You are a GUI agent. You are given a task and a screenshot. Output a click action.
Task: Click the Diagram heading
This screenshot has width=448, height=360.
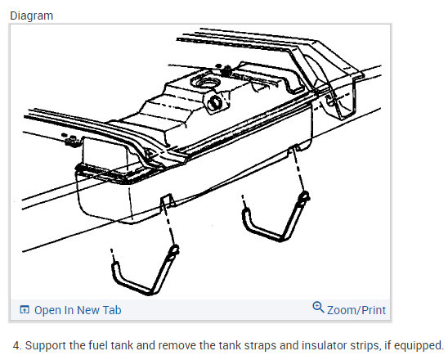[x=31, y=16]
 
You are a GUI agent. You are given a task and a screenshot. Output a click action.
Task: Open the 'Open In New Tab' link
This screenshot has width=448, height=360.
[x=78, y=310]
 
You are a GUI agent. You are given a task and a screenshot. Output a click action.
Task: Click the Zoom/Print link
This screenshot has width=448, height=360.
[x=356, y=310]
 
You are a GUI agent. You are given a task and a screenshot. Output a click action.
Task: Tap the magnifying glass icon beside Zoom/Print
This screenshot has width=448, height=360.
[x=318, y=308]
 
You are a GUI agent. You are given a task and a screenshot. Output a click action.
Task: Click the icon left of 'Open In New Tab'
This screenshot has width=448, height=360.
[x=25, y=309]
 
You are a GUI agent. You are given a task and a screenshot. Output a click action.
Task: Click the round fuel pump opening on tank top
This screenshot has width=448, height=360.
[x=206, y=83]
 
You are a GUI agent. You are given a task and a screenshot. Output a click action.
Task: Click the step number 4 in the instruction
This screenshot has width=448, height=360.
[x=17, y=345]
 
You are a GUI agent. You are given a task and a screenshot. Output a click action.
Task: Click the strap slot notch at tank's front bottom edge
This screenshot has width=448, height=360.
[x=167, y=200]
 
